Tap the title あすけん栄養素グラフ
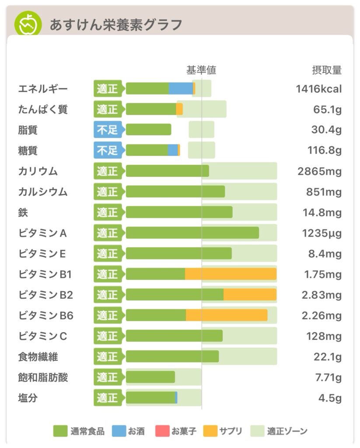coord(115,24)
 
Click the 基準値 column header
coord(201,70)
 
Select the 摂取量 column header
coord(326,70)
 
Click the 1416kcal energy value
coord(318,89)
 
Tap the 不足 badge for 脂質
coord(108,130)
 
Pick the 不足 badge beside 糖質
coord(108,150)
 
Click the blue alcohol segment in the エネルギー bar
coord(181,88)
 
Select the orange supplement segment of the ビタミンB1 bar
coord(231,274)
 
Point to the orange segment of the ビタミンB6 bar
coord(227,315)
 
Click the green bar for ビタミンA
coord(192,233)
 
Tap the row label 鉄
coord(23,213)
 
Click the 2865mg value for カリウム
coord(319,171)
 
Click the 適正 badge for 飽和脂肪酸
coord(108,377)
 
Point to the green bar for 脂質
coord(149,130)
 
